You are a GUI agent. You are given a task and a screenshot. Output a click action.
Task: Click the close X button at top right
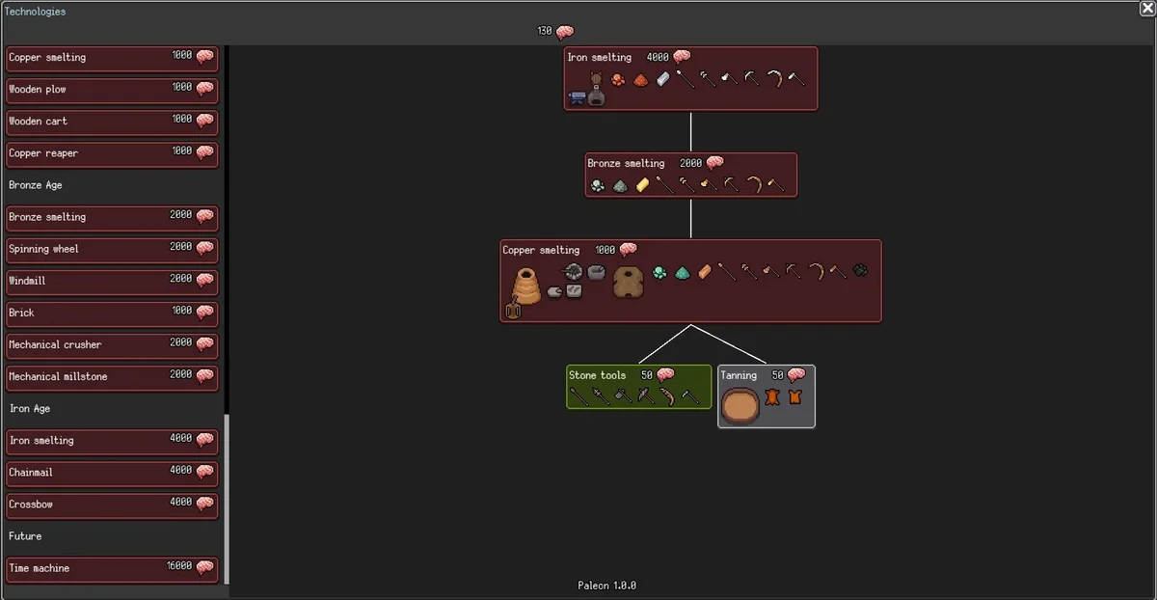[1147, 9]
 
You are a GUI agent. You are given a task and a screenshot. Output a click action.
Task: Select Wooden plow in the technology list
[111, 90]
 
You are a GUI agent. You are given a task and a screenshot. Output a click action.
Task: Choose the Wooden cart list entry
[111, 122]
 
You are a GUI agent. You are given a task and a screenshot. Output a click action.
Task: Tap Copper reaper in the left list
[111, 153]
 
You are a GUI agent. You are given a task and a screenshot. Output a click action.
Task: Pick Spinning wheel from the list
[111, 249]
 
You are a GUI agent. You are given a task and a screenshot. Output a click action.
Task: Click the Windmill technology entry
[111, 281]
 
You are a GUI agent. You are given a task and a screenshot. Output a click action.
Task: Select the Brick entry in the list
[111, 313]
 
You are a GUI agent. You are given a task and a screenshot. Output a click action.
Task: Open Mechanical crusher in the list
[111, 344]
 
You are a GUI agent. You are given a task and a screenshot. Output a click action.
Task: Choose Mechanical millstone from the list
[111, 376]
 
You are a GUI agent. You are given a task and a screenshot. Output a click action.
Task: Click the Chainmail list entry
[111, 473]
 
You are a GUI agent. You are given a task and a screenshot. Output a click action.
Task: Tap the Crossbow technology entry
[111, 505]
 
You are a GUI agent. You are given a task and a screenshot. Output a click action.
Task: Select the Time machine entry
[111, 568]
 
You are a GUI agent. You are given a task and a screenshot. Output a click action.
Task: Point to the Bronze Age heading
[36, 185]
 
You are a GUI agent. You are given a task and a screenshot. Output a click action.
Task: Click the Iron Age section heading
[30, 409]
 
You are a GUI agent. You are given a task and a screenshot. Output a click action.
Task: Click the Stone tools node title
[597, 375]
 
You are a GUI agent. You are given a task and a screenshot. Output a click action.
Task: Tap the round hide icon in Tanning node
[740, 405]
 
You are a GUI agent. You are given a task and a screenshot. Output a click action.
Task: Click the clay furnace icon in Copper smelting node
[526, 286]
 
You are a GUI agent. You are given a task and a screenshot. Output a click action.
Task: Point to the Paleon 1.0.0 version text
[606, 586]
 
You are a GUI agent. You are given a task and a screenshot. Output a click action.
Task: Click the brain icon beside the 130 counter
[565, 32]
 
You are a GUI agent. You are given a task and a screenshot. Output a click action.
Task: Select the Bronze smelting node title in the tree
[626, 164]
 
